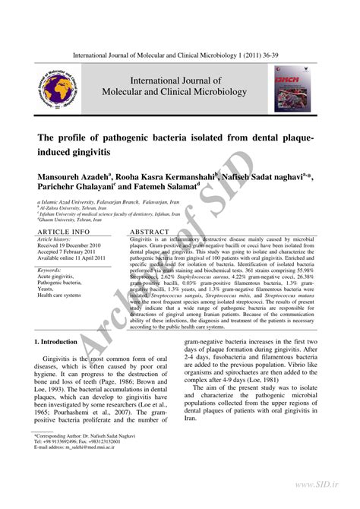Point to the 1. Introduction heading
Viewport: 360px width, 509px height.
pos(62,343)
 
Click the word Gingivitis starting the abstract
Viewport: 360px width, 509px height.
pos(147,239)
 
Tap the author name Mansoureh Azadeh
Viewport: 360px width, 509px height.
pos(74,176)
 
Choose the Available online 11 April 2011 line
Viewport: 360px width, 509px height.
pos(74,259)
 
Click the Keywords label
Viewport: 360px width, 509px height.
pos(49,270)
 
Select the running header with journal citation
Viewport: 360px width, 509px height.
pos(180,56)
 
